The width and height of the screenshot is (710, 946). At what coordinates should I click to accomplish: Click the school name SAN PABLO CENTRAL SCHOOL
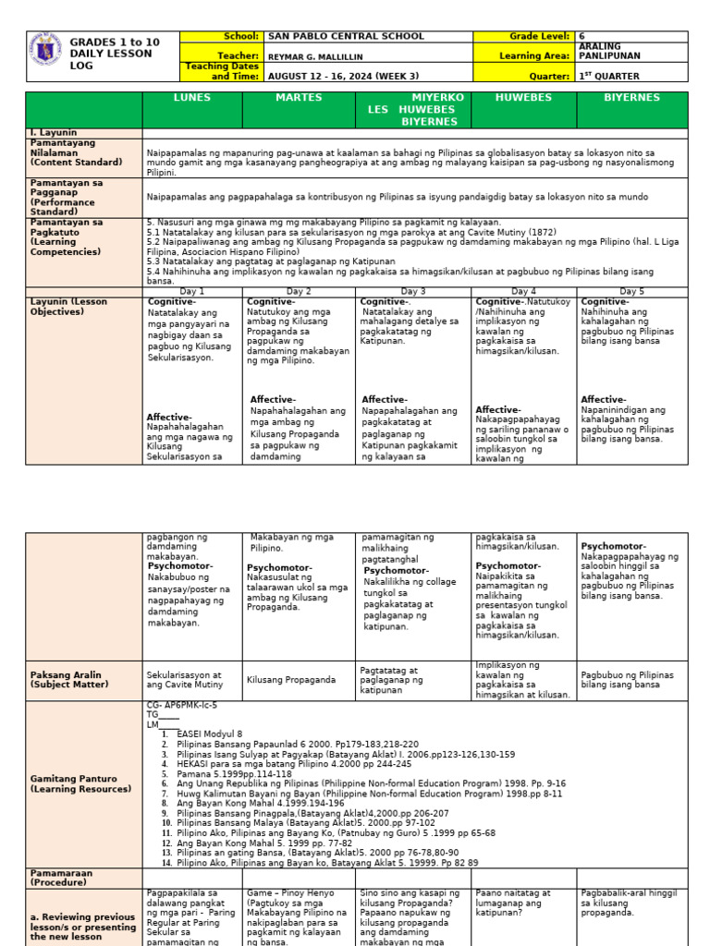(346, 37)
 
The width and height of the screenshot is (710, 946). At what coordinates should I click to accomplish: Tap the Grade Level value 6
(581, 37)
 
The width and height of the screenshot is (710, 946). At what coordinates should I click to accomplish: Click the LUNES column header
(192, 98)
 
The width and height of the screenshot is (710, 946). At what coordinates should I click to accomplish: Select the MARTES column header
(299, 98)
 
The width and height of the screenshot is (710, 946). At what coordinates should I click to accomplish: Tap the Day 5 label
(631, 291)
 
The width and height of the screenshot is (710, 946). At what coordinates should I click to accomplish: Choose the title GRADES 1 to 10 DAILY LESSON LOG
(115, 55)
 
